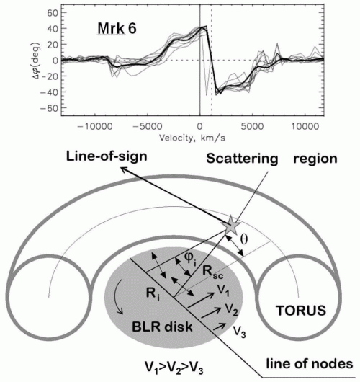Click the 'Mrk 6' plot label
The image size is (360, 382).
[x=117, y=29]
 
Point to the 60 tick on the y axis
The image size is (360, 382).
[x=53, y=13]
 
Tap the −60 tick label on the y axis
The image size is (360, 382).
[x=50, y=107]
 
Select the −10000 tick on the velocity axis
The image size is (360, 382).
[x=95, y=127]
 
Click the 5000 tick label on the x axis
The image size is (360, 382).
[x=252, y=127]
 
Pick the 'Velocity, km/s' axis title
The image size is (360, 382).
[x=192, y=138]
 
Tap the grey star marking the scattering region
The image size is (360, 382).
[x=230, y=225]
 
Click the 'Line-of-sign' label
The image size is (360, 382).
[x=107, y=156]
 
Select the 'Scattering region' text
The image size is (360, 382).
[x=271, y=159]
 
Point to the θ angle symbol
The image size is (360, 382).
[x=243, y=239]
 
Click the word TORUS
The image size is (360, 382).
[x=301, y=311]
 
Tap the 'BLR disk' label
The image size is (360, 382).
[x=162, y=327]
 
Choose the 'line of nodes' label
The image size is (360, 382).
[x=310, y=364]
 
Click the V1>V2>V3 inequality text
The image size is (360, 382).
[x=174, y=368]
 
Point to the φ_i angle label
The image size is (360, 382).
[x=190, y=259]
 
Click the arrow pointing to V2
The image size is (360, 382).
[x=211, y=313]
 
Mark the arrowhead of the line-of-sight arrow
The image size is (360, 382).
[x=124, y=169]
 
